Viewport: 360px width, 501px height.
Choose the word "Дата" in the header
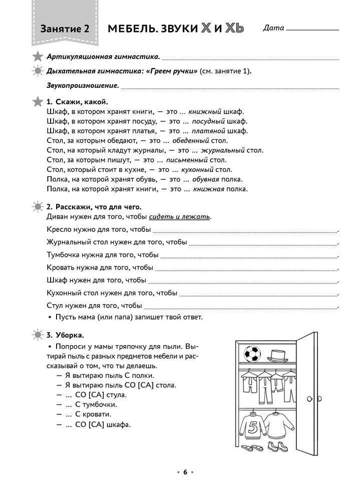tap(273, 28)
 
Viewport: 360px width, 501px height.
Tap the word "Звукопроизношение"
tap(83, 85)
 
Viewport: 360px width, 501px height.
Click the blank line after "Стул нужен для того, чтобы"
tap(240, 306)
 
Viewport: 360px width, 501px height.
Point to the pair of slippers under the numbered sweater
tap(251, 447)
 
